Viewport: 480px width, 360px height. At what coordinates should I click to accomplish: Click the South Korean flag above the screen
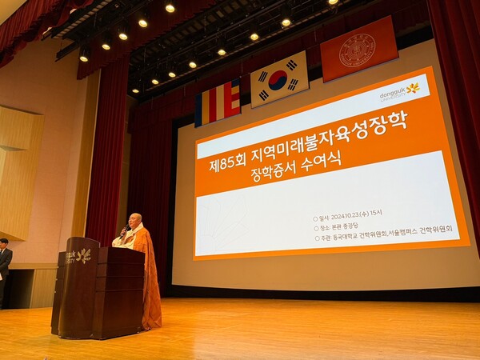coord(279,79)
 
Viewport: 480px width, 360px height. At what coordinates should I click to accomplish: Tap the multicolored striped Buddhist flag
coord(218,103)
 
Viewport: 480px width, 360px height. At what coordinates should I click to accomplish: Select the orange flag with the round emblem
coord(358,49)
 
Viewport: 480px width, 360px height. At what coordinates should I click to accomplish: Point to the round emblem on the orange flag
coord(357,50)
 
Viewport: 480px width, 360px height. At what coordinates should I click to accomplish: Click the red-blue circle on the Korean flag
coord(278,79)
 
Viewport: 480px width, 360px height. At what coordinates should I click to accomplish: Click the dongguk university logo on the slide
coord(399,92)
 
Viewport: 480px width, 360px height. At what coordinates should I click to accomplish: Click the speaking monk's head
coord(134,221)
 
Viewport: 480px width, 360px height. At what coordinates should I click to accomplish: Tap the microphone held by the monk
coord(123,232)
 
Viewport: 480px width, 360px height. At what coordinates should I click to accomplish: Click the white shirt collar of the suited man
coord(3,250)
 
